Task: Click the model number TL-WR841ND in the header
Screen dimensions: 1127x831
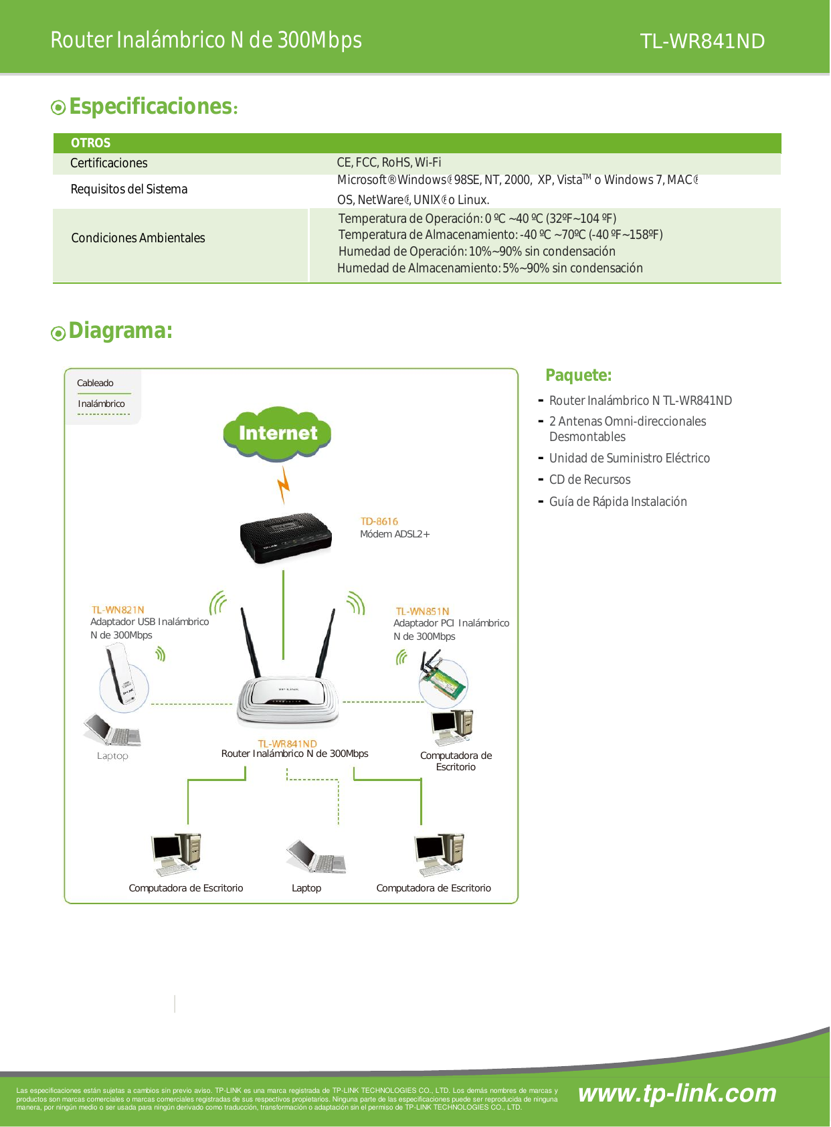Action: coord(702,41)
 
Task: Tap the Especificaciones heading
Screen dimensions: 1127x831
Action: coord(151,106)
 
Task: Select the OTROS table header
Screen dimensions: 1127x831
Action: coord(91,143)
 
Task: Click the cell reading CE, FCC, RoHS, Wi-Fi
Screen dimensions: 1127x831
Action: coord(389,163)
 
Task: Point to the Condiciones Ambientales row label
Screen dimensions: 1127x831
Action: coord(138,238)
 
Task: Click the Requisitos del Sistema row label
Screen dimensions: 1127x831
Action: coord(129,189)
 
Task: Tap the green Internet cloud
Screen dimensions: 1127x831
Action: coord(278,433)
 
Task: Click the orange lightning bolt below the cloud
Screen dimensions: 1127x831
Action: coord(284,485)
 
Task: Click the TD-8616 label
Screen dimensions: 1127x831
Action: coord(379,521)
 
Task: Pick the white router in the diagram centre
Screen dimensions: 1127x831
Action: coord(288,699)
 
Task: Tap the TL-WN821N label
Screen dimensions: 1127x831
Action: coord(118,610)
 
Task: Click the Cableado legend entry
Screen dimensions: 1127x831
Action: coord(95,383)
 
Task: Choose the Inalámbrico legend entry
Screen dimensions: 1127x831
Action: coord(101,404)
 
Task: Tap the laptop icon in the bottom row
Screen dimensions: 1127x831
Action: coord(316,857)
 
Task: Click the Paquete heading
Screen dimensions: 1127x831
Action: coord(578,375)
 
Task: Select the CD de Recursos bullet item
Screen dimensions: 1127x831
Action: coord(589,480)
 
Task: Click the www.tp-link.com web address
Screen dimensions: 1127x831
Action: coord(677,1093)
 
